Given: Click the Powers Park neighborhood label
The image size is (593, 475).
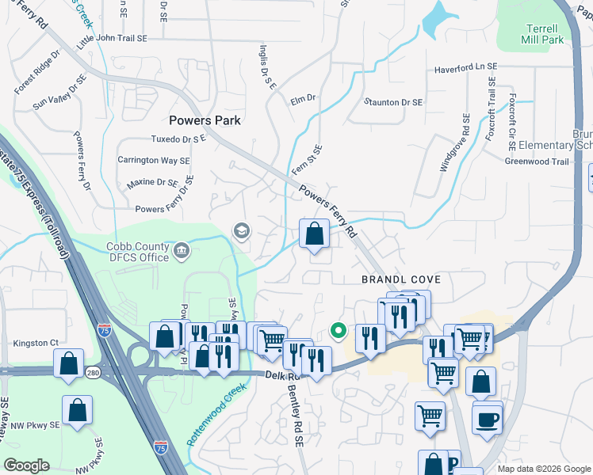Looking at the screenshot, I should pos(205,120).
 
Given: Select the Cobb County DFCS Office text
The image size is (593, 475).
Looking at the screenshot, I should pos(138,252).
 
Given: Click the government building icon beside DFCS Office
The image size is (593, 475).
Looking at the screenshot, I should pos(182,251).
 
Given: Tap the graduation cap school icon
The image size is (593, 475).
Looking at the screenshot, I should pos(241,231).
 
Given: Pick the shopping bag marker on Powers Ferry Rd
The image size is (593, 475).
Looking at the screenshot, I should pos(315,234).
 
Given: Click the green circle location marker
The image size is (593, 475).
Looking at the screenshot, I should pos(338,332).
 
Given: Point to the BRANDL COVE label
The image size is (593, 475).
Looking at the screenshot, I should pos(400,279).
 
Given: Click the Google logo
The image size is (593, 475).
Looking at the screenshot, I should pos(26,465).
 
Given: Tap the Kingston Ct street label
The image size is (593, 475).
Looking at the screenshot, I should pos(36,343).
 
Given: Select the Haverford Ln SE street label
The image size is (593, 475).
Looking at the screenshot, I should pos(465,69).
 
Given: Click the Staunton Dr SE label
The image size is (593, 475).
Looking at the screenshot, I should pos(393,102).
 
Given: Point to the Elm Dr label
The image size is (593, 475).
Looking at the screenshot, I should pos(303,99).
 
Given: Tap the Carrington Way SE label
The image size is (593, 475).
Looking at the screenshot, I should pos(154,160).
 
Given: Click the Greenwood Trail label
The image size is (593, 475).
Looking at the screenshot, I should pos(537,161).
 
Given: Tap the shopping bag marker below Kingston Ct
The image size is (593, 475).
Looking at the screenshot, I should pos(69,363).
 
